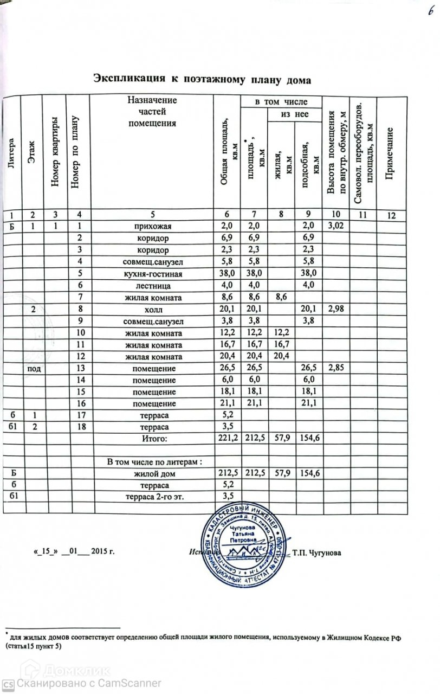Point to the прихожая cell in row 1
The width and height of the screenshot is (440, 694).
click(x=151, y=226)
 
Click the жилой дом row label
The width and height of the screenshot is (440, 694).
click(x=151, y=474)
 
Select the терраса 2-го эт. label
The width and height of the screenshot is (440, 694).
click(x=151, y=497)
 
